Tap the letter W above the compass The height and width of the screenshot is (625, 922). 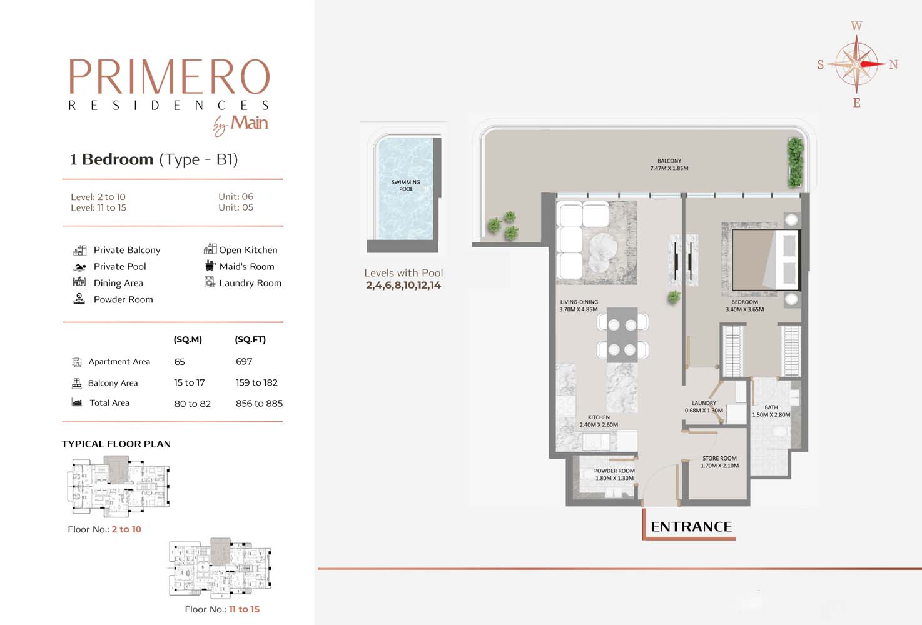tap(856, 26)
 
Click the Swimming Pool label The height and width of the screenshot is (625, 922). tap(406, 186)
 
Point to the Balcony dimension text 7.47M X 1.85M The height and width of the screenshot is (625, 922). tap(669, 168)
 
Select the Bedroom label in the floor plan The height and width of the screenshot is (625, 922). tap(744, 302)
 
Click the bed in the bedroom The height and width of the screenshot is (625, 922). tap(766, 260)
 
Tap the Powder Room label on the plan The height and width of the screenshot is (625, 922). tap(614, 471)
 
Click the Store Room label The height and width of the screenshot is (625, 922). tap(719, 459)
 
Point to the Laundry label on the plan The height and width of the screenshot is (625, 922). tap(704, 403)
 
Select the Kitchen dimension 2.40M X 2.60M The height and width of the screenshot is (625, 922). tap(599, 425)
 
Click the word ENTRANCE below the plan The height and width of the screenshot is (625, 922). tap(692, 527)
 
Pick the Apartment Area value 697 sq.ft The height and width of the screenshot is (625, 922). tap(244, 361)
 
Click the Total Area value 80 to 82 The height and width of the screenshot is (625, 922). tap(192, 404)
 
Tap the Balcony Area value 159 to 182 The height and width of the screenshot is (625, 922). tap(257, 382)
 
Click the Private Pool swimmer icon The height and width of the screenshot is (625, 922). tap(79, 267)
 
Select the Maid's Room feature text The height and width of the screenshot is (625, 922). tap(246, 266)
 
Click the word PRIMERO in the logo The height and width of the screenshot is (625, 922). tap(169, 77)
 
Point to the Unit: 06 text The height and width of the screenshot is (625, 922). tap(236, 196)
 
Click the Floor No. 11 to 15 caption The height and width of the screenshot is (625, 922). tap(222, 609)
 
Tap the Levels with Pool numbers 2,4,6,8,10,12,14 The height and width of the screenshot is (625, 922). tap(403, 286)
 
